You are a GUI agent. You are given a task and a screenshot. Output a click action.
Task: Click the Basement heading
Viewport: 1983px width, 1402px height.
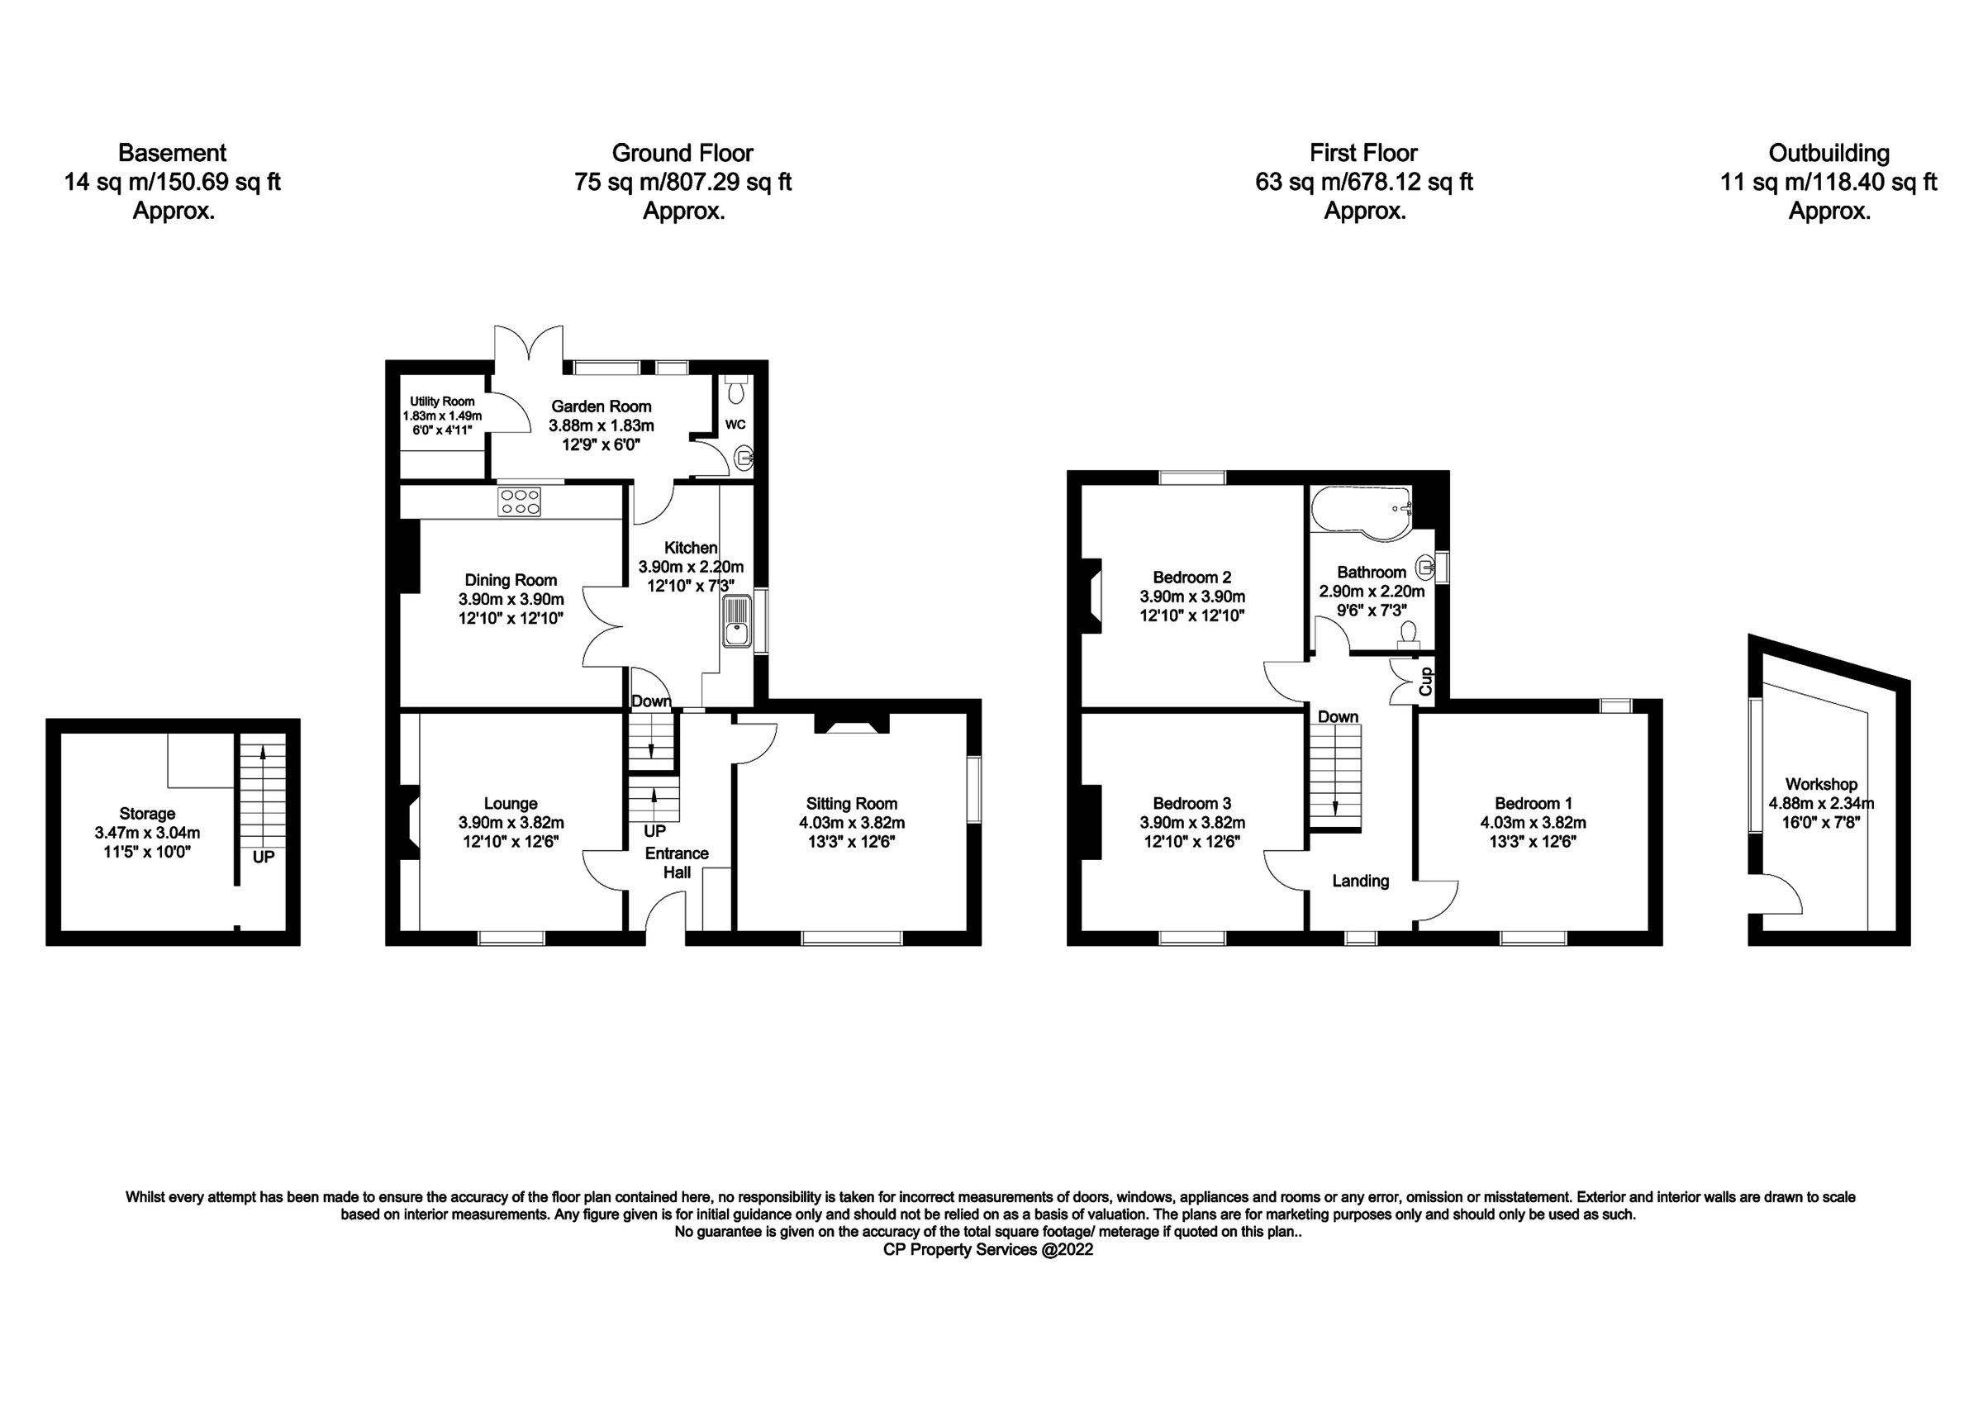point(172,153)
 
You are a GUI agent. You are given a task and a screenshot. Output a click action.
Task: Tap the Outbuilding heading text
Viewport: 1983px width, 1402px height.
point(1828,153)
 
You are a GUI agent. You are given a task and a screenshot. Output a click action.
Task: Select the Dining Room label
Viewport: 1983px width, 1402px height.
point(511,581)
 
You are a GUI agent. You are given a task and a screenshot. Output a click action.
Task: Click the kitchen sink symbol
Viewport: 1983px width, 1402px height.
point(737,622)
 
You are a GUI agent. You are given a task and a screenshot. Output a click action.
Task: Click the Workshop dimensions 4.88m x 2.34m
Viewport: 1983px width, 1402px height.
point(1820,802)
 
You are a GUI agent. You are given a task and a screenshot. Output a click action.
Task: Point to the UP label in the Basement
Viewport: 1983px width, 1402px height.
point(264,858)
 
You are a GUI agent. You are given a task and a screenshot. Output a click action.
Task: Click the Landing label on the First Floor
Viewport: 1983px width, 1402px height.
point(1360,882)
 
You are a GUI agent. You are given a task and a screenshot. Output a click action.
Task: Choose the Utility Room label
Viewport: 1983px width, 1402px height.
point(441,402)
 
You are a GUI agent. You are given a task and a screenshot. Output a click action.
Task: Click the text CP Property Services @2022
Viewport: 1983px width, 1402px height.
point(988,1250)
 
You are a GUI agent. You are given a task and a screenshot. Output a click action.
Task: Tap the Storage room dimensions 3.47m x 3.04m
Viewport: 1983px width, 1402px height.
point(147,833)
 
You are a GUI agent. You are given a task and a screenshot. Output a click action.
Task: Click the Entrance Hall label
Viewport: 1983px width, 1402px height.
point(678,863)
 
